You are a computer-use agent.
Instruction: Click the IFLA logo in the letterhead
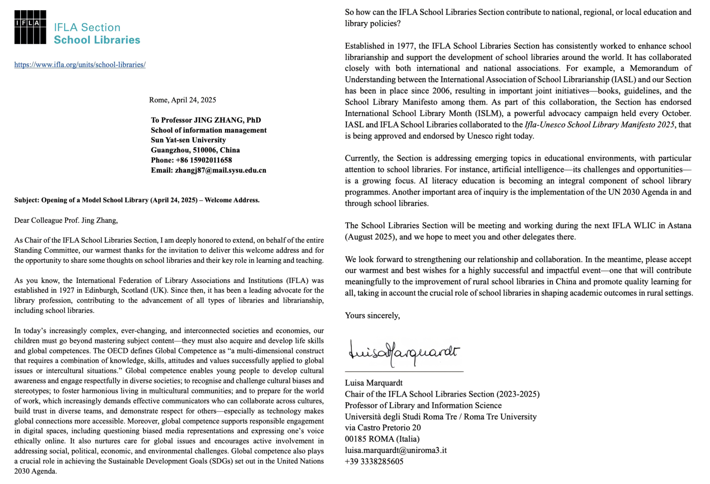(x=30, y=27)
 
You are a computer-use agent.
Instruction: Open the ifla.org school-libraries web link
(x=80, y=65)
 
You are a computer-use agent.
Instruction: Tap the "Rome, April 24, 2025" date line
(x=182, y=100)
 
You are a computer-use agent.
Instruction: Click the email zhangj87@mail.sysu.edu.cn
(x=220, y=170)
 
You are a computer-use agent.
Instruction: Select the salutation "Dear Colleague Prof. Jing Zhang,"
(x=66, y=220)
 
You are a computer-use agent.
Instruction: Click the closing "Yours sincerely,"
(x=372, y=315)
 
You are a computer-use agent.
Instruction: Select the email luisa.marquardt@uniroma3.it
(x=396, y=450)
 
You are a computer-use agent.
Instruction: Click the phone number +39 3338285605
(x=374, y=461)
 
